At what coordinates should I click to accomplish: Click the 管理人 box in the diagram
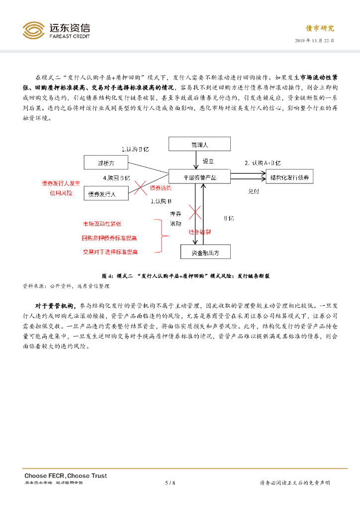[199, 145]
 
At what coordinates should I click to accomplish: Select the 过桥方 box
[105, 162]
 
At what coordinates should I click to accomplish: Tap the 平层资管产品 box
[199, 176]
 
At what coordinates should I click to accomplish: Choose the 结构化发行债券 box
[289, 176]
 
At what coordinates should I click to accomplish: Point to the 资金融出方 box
[205, 252]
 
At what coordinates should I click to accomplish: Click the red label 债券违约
[160, 188]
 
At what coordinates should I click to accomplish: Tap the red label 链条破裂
[199, 232]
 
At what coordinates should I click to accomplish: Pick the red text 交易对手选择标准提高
[110, 252]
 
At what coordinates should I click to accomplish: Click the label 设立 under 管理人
[208, 161]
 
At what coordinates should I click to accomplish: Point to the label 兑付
[253, 191]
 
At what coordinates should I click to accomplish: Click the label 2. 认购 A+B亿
[263, 163]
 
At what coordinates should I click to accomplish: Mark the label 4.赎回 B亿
[116, 177]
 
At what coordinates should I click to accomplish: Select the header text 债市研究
[320, 28]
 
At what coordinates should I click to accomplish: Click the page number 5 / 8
[170, 483]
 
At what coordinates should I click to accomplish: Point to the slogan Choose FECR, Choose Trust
[66, 476]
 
